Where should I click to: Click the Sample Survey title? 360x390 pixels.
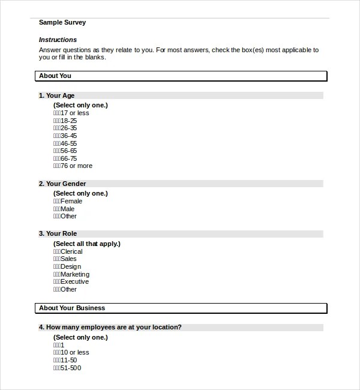(x=62, y=23)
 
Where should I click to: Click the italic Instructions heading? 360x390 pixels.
(x=58, y=40)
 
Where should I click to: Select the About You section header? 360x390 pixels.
(x=55, y=76)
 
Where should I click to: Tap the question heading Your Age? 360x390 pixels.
(x=57, y=95)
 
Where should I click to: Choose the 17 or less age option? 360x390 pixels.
(x=71, y=113)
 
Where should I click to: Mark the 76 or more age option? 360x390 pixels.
(x=73, y=166)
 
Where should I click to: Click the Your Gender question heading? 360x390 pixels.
(x=62, y=184)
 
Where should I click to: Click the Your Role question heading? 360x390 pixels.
(x=58, y=233)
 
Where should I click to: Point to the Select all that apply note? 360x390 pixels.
(x=87, y=244)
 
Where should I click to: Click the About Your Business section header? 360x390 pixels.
(x=72, y=308)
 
